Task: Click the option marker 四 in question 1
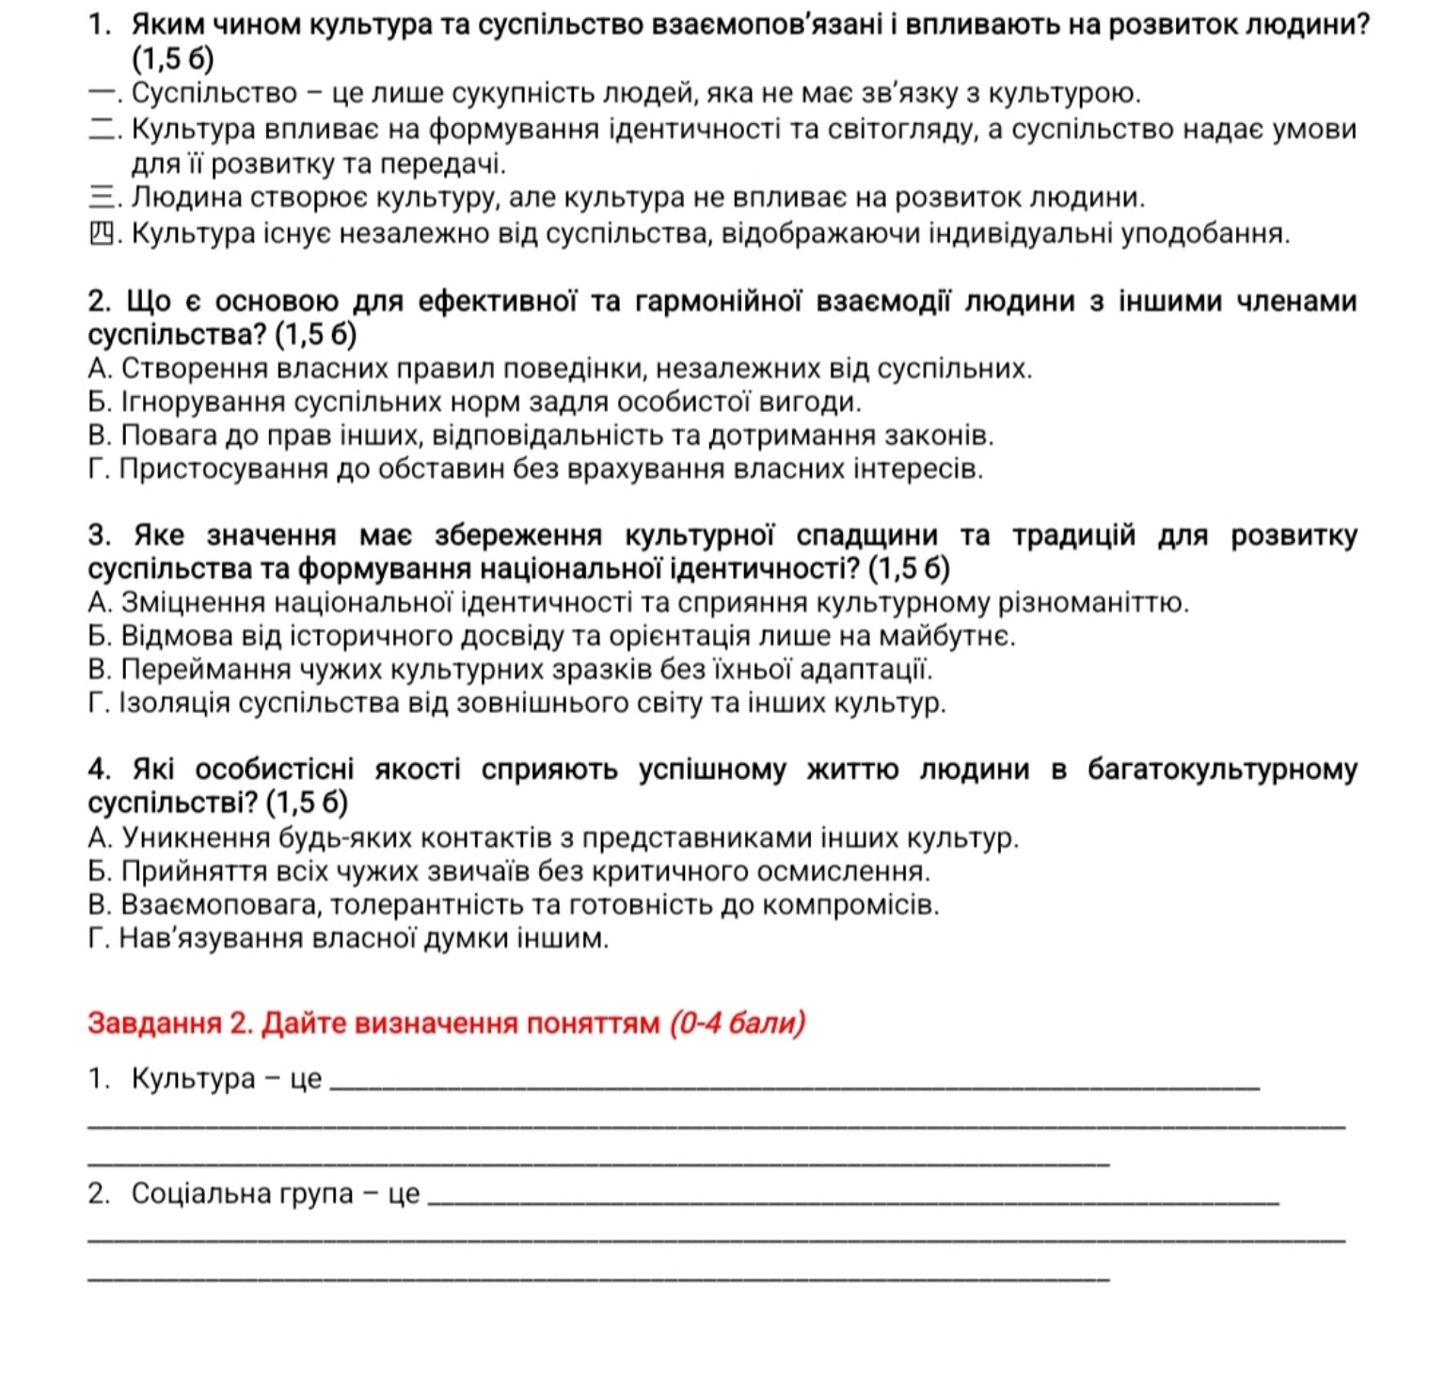tap(103, 232)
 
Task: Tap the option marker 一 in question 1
tap(101, 94)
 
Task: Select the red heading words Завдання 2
tap(169, 1023)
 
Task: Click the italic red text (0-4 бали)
tap(738, 1023)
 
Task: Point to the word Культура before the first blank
tap(194, 1078)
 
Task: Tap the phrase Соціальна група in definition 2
tap(243, 1194)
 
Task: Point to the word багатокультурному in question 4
tap(1222, 770)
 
